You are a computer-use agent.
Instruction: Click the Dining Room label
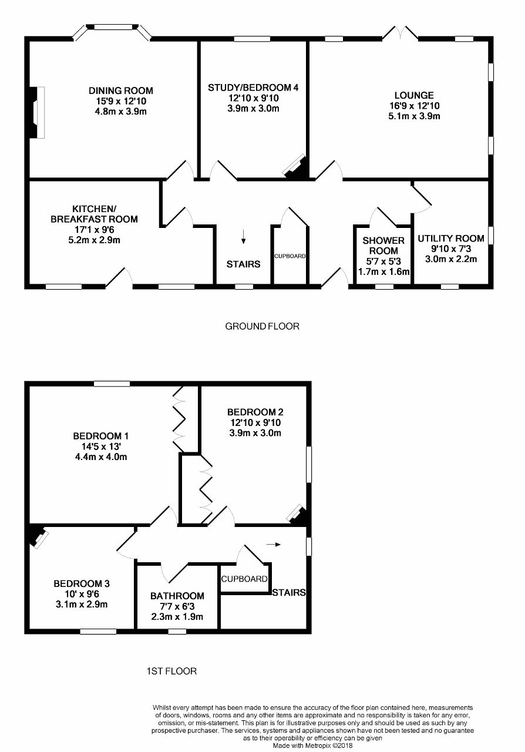coord(121,90)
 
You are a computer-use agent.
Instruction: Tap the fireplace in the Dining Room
coord(38,112)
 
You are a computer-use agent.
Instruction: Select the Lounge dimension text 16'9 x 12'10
coord(414,106)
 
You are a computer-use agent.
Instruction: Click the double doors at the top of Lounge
coord(401,33)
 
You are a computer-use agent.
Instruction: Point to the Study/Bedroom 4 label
coord(253,88)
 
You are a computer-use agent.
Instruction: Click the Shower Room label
coord(383,246)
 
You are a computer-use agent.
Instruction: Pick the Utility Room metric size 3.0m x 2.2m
coord(451,259)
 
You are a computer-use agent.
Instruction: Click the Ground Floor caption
coord(262,326)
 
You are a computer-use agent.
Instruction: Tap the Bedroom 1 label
coord(100,436)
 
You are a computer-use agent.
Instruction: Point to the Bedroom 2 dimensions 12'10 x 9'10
coord(255,423)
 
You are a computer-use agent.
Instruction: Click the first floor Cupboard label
coord(244,579)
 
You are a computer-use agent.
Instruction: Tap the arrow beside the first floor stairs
coord(273,545)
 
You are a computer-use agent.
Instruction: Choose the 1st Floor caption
coord(171,670)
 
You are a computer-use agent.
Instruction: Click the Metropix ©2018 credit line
coord(312,745)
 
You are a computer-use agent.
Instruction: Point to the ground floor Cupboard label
coord(290,257)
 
